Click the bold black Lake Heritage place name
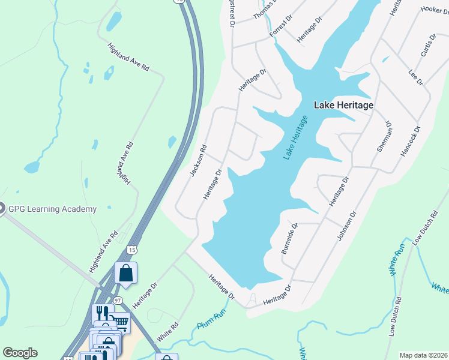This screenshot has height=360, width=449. pos(344,105)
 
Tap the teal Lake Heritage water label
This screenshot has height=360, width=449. pos(295,138)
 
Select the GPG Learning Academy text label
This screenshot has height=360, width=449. pos(52,209)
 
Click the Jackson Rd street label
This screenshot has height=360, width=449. pos(198,161)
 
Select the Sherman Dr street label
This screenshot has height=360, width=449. pos(384,136)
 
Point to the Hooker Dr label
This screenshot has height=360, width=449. pos(435,10)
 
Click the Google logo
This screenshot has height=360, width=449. pos(20,353)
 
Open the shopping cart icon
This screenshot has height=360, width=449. pos(120,323)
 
